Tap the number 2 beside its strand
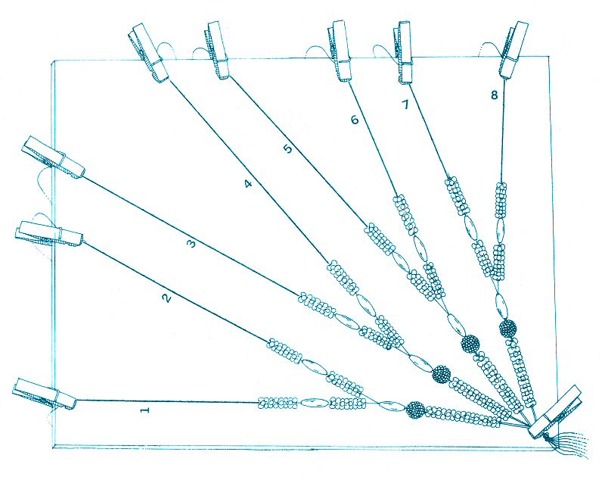click(166, 298)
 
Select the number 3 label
click(192, 244)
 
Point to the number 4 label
click(249, 184)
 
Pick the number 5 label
click(289, 148)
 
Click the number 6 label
click(355, 120)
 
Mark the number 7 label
click(405, 104)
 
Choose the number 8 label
click(495, 95)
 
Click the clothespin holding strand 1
click(45, 394)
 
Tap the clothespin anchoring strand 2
click(49, 235)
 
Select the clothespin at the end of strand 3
click(54, 157)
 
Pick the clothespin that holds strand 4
click(148, 53)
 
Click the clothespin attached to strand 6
click(342, 51)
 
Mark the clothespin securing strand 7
click(403, 52)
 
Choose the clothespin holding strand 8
click(513, 49)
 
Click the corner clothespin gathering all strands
click(556, 412)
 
